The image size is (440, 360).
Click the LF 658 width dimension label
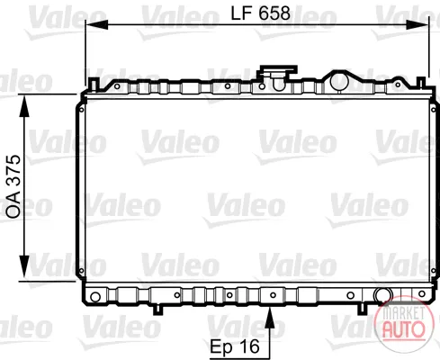point(260,13)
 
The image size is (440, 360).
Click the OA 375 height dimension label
point(13,186)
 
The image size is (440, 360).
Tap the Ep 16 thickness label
point(235,346)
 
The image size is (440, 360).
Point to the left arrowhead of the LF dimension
point(96,25)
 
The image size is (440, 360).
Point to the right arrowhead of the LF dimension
point(418,25)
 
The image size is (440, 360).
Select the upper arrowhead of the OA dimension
point(24,105)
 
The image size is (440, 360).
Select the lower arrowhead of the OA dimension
point(24,266)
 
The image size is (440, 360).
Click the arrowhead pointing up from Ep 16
point(270,318)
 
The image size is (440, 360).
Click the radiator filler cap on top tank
point(278,74)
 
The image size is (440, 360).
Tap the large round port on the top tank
point(338,81)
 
